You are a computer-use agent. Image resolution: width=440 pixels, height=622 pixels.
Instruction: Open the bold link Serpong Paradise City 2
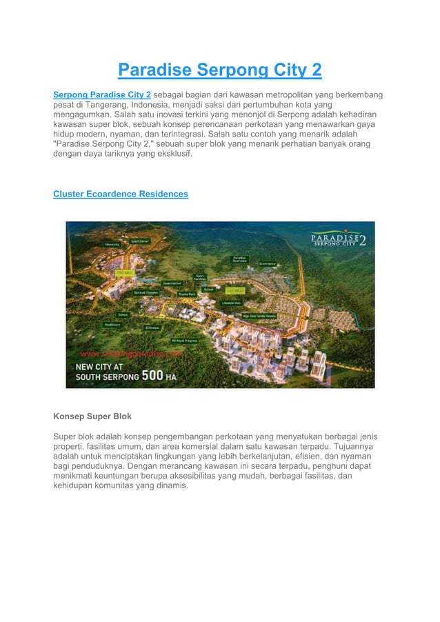pyautogui.click(x=102, y=94)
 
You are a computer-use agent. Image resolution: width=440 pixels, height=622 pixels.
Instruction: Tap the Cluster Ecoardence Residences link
pyautogui.click(x=121, y=194)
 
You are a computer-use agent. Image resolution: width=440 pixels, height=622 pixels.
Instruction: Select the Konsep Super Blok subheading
pyautogui.click(x=92, y=417)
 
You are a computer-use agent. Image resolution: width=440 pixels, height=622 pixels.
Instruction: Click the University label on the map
pyautogui.click(x=110, y=244)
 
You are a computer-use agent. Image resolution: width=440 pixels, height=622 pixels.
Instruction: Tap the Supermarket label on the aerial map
pyautogui.click(x=172, y=282)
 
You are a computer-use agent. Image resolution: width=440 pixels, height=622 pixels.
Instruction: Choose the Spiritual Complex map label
pyautogui.click(x=146, y=292)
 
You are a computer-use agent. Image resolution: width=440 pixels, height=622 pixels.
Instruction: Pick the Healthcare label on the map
pyautogui.click(x=113, y=323)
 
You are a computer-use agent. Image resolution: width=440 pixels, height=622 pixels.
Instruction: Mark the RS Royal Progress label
pyautogui.click(x=184, y=339)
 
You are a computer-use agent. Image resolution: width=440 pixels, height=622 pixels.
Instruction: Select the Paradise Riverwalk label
pyautogui.click(x=239, y=260)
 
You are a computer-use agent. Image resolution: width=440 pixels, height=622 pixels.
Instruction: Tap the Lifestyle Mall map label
pyautogui.click(x=231, y=302)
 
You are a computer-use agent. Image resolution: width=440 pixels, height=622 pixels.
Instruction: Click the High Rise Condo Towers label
pyautogui.click(x=259, y=316)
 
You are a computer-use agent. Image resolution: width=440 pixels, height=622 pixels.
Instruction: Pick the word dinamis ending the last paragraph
pyautogui.click(x=169, y=485)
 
